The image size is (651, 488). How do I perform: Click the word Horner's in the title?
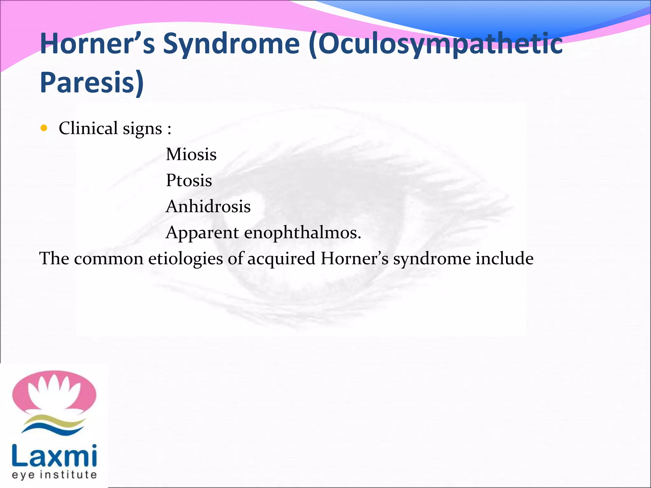pos(97,44)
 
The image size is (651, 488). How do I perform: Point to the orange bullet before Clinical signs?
pos(44,128)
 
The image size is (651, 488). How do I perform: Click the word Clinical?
pos(88,128)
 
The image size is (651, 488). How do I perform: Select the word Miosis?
pos(191,154)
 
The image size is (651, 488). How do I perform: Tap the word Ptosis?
pos(189,180)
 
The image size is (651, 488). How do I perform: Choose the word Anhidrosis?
pos(208,207)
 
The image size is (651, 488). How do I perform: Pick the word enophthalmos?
pos(303,233)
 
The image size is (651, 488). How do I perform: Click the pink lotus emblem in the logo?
pos(54,392)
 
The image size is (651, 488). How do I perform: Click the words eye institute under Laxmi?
pos(54,475)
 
